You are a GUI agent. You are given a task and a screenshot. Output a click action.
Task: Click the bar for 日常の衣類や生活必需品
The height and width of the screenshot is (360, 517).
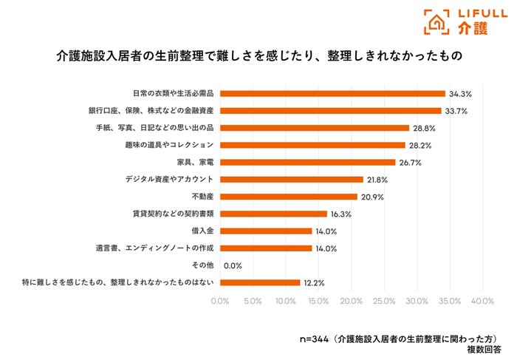[x=332, y=94]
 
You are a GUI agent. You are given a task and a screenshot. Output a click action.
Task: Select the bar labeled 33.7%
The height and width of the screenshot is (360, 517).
[x=331, y=111]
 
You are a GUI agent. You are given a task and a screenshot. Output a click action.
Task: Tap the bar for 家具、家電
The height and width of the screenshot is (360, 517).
[x=308, y=163]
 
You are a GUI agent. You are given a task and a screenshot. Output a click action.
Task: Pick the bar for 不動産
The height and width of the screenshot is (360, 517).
[x=289, y=197]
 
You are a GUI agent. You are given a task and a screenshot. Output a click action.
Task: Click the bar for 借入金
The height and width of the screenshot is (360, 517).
[x=266, y=231]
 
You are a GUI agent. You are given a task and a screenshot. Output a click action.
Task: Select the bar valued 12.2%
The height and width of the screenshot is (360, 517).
[x=260, y=283]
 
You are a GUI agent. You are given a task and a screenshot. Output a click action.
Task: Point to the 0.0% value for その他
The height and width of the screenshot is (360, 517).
[x=233, y=265]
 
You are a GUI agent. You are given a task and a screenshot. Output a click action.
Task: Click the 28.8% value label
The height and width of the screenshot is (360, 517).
[x=425, y=129]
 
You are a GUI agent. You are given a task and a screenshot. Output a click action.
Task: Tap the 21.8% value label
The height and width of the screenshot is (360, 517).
[x=377, y=180]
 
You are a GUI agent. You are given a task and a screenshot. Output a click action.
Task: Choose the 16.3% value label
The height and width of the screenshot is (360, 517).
[x=341, y=214]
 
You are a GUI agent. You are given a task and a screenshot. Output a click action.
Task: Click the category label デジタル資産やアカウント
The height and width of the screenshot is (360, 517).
[x=169, y=179]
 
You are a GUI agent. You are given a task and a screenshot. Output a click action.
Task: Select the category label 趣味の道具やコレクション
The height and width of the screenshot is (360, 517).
[x=169, y=145]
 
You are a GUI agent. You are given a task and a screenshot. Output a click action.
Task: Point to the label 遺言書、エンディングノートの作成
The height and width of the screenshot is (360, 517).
[x=154, y=248]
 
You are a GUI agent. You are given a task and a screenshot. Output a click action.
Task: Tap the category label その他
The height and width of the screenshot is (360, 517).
[x=203, y=265]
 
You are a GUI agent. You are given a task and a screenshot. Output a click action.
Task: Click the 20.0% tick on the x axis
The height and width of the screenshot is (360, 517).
[x=352, y=301]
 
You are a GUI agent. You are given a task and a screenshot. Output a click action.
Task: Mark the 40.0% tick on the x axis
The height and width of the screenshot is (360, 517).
[x=483, y=301]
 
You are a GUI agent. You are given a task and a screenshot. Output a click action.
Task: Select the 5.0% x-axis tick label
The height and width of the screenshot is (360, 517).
[x=253, y=301]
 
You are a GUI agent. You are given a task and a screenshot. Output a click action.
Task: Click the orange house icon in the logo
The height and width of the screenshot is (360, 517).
[x=436, y=22]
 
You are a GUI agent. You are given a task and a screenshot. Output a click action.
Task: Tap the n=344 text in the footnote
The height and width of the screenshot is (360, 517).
[x=314, y=339]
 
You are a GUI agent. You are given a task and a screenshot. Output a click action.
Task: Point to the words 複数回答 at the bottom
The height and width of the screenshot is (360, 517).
[x=484, y=350]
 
